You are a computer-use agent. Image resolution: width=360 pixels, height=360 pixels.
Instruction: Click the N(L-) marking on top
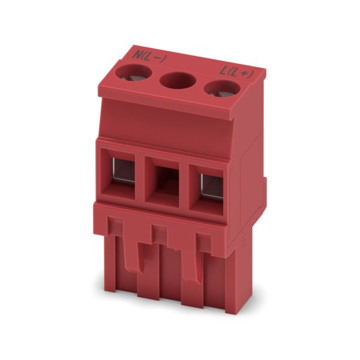click(149, 57)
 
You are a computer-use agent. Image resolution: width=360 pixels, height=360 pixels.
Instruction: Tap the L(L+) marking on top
click(237, 73)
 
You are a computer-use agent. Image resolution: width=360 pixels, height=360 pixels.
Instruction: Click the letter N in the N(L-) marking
click(139, 55)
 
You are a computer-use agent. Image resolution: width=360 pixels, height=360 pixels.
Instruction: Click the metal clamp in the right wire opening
click(212, 186)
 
